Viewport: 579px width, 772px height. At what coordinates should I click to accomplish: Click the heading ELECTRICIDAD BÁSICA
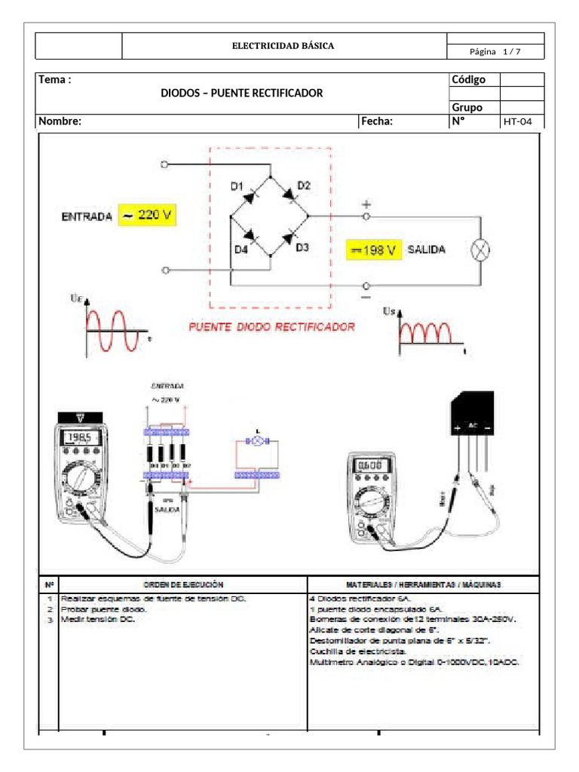pos(283,46)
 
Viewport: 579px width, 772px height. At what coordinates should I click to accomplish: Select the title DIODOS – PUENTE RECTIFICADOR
pos(241,93)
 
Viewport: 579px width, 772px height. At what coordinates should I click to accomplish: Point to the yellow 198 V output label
pos(372,250)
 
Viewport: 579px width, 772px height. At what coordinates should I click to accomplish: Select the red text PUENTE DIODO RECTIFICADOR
pos(271,328)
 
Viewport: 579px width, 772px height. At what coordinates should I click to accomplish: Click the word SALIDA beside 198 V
pos(426,250)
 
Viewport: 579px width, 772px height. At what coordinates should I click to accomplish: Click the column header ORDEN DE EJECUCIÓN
pos(183,584)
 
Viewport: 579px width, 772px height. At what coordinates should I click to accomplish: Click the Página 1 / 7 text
pos(495,52)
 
